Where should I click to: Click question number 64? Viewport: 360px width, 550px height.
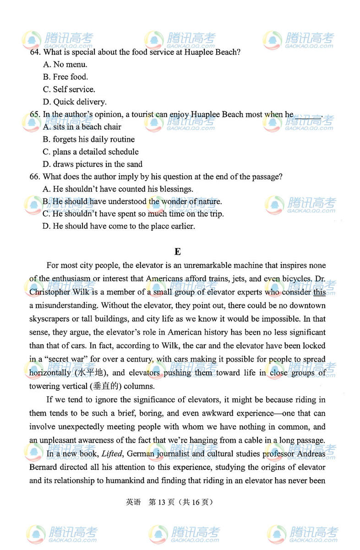point(34,52)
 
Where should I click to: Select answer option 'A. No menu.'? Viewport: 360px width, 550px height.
point(65,65)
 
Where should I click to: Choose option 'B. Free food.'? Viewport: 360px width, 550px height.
point(65,77)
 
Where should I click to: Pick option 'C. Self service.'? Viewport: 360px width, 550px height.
point(69,89)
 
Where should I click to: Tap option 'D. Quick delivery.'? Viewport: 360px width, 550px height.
point(75,102)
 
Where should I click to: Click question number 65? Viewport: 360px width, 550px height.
point(34,115)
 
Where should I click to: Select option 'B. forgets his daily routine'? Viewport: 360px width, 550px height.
point(89,139)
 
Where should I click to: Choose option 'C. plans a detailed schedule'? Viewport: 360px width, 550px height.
point(91,152)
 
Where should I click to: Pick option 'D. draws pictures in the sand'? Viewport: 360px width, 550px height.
point(93,164)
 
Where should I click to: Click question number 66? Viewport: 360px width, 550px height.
point(34,176)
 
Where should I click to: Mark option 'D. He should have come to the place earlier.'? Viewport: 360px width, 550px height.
point(119,226)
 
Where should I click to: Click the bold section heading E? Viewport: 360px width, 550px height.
point(178,252)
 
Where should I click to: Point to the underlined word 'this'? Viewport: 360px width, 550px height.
point(319,292)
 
